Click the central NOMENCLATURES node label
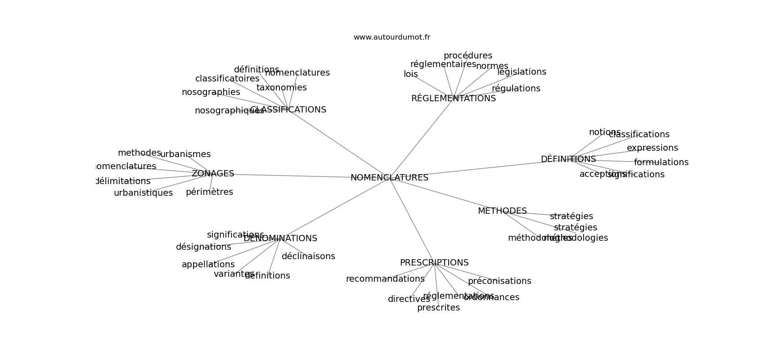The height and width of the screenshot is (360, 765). pyautogui.click(x=389, y=178)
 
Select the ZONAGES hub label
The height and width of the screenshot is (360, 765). pyautogui.click(x=213, y=174)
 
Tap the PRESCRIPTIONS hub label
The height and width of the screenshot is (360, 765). pyautogui.click(x=434, y=263)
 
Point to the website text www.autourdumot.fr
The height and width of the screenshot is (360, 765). pyautogui.click(x=391, y=37)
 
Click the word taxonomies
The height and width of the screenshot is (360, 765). pyautogui.click(x=282, y=88)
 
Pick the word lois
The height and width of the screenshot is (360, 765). pyautogui.click(x=411, y=74)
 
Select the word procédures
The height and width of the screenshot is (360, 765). pyautogui.click(x=468, y=56)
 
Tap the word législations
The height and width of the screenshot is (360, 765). pyautogui.click(x=522, y=72)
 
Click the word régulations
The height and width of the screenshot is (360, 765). pyautogui.click(x=516, y=89)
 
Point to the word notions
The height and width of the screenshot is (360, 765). pyautogui.click(x=604, y=132)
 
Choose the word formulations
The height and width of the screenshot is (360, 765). pyautogui.click(x=661, y=162)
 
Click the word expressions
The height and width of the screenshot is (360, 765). pyautogui.click(x=652, y=148)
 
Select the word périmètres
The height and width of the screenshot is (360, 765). pyautogui.click(x=209, y=192)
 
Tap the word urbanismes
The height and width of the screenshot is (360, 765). pyautogui.click(x=185, y=154)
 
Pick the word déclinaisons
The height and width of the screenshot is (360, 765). pyautogui.click(x=308, y=256)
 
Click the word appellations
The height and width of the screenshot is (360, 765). pyautogui.click(x=208, y=265)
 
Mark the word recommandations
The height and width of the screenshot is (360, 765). pyautogui.click(x=385, y=279)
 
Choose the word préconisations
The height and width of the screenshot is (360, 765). pyautogui.click(x=499, y=281)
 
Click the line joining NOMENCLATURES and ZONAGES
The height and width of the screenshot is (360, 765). pyautogui.click(x=288, y=175)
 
